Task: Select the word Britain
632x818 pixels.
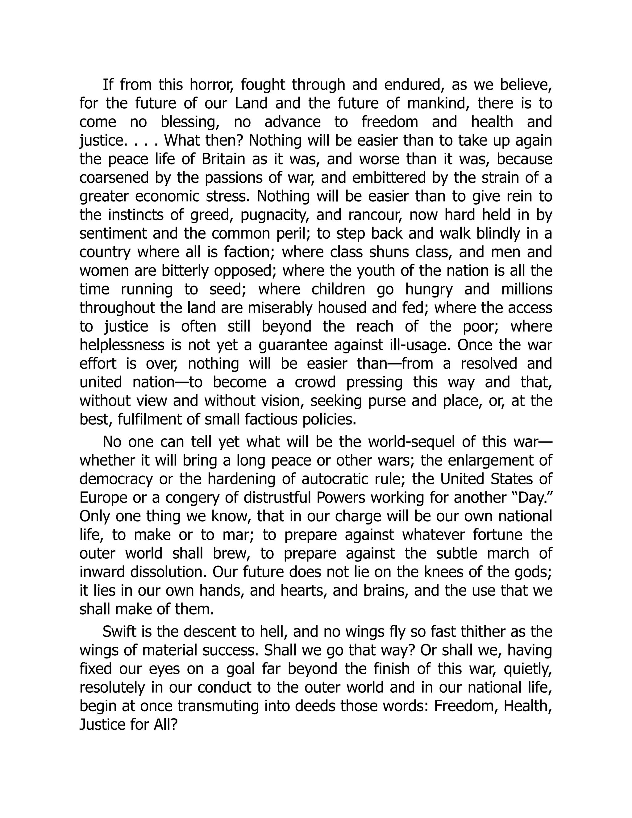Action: (x=223, y=159)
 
